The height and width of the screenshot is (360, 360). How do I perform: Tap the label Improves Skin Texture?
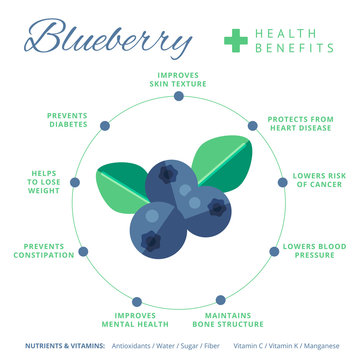click(179, 78)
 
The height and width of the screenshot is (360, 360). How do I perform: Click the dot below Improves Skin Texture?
click(178, 96)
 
